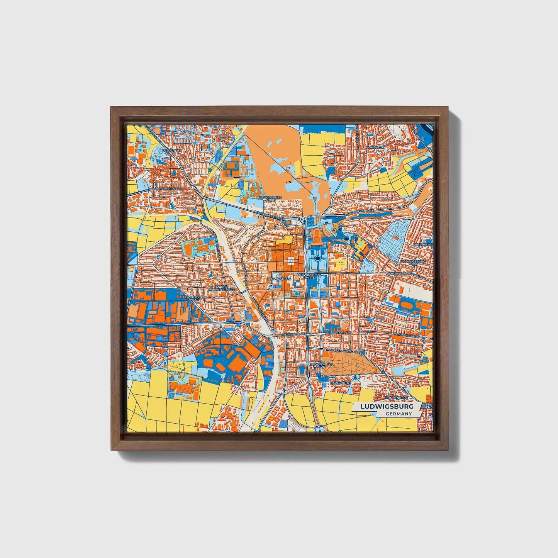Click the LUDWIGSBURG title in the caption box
pos(387,407)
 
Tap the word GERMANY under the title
pos(398,414)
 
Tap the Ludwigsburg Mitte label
pos(308,276)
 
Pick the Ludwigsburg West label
pos(190,298)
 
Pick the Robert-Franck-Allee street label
pos(341,352)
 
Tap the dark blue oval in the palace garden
pos(317,258)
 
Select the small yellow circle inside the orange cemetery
pos(374,370)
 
